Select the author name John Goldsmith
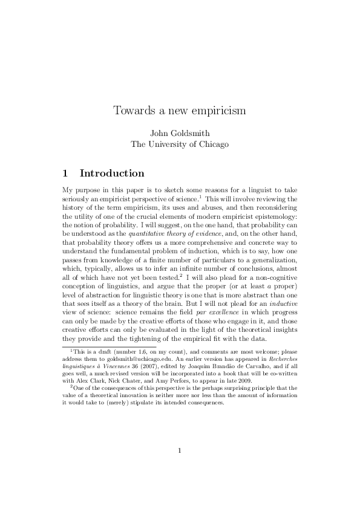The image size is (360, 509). point(180,133)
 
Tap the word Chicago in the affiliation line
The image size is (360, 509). point(211,144)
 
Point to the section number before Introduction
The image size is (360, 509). point(66,173)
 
